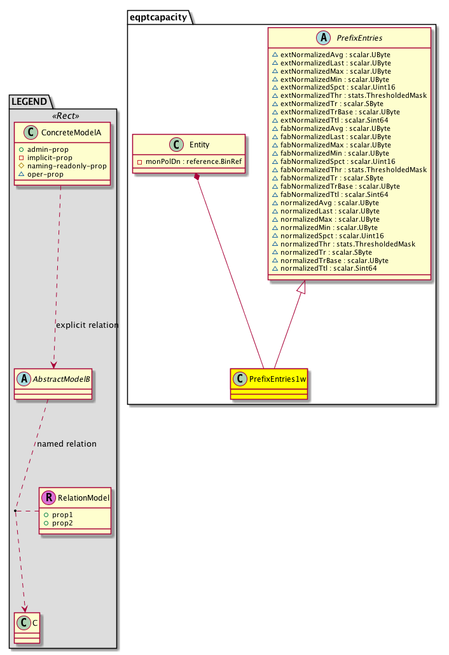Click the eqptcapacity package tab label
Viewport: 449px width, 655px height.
158,17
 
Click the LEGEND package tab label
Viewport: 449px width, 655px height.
29,102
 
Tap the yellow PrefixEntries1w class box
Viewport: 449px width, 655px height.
269,384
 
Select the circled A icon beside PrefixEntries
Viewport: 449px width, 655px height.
323,37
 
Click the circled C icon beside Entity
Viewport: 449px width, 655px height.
176,145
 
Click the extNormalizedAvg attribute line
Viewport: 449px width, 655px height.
331,55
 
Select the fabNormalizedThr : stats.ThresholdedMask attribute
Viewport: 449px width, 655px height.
350,170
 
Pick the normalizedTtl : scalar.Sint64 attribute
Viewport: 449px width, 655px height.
324,269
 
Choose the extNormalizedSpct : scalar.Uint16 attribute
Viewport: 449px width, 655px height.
334,87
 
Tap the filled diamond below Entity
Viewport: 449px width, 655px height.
197,177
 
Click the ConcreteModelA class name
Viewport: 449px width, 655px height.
71,133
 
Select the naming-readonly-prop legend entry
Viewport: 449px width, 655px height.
63,166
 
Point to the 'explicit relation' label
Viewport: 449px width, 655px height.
87,325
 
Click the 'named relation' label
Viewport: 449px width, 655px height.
67,443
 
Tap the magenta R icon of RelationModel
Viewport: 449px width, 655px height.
48,497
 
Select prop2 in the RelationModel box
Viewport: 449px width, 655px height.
58,523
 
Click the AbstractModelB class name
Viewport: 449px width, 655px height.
62,379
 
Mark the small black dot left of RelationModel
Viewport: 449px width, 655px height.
15,511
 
